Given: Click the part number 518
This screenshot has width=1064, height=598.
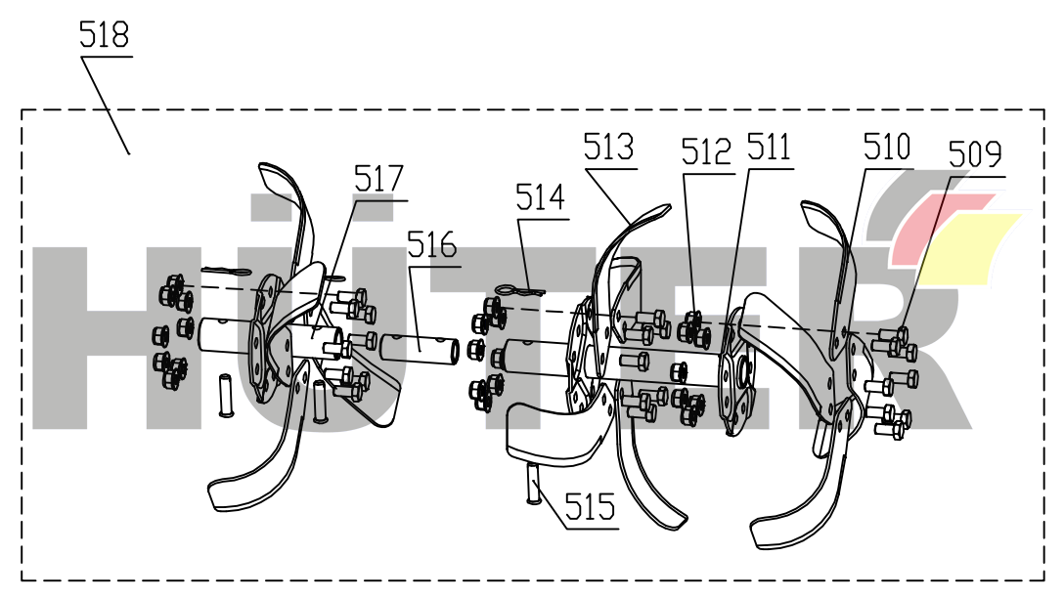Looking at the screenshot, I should point(105,37).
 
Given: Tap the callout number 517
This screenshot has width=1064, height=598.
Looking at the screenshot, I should point(378,180).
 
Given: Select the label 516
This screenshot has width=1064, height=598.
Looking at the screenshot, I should point(432,244).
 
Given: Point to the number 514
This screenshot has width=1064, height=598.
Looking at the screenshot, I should point(541,198).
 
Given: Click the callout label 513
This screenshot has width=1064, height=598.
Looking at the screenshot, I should point(608,149).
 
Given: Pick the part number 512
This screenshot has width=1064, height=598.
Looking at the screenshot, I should point(707,152).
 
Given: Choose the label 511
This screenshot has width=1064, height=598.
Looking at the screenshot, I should point(769,148).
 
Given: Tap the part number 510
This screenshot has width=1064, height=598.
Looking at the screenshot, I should point(886,149).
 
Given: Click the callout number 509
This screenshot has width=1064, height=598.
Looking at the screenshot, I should point(975,154).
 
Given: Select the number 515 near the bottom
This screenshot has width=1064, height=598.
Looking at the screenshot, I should point(591,507).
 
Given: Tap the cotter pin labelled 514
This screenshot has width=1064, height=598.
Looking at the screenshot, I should point(517,289).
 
